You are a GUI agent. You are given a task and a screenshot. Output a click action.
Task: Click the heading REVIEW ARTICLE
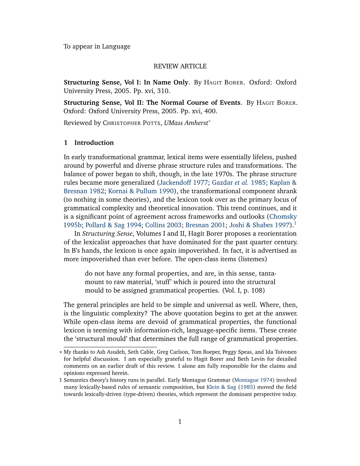[x=180, y=66]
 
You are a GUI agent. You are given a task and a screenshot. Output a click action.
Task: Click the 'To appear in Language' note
[x=97, y=47]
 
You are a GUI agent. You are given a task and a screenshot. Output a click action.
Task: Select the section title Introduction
[x=94, y=143]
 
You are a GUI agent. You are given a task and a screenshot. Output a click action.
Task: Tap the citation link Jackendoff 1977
[x=184, y=183]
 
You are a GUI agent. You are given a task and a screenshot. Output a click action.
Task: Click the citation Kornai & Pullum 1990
[x=141, y=191]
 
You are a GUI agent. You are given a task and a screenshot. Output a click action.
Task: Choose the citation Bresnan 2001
[x=205, y=225]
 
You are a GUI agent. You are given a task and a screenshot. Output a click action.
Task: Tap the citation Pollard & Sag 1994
[x=113, y=225]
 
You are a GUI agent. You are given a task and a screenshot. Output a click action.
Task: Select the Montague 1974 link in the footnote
[x=253, y=380]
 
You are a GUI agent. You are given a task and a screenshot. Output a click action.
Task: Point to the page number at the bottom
[x=180, y=422]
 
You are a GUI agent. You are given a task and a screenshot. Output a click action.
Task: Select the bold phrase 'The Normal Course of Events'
[x=193, y=103]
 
